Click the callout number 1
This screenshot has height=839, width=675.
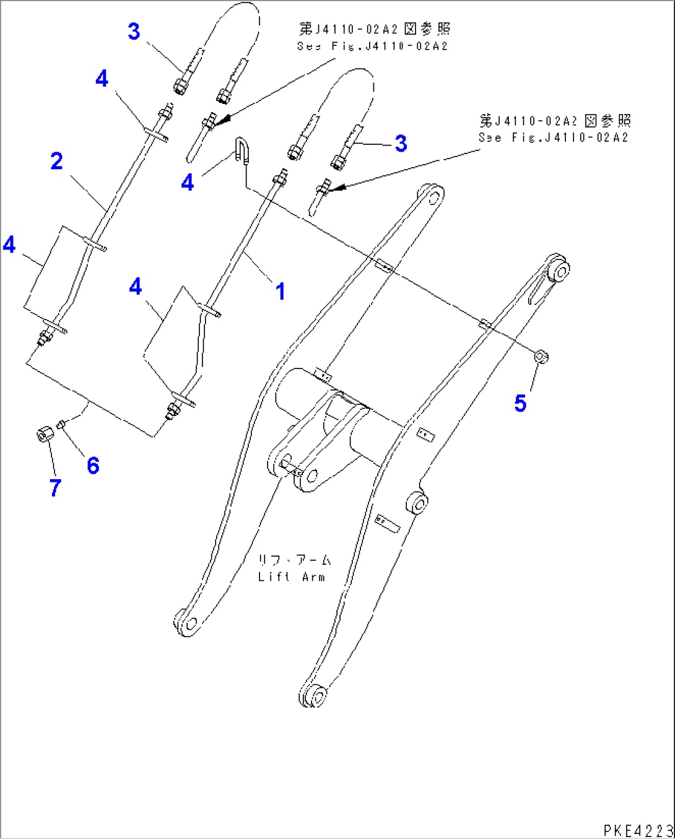click(x=281, y=291)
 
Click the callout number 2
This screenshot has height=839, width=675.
click(x=56, y=162)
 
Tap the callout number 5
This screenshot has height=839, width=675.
click(x=520, y=403)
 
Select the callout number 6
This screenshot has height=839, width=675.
click(x=93, y=465)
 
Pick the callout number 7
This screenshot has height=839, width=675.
click(x=55, y=487)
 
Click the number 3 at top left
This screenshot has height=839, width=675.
click(x=134, y=31)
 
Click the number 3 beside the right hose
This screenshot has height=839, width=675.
click(x=401, y=144)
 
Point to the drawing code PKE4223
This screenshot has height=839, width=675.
click(x=637, y=830)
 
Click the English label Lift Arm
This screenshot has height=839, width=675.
click(x=291, y=577)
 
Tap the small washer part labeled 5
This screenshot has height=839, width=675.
click(x=541, y=357)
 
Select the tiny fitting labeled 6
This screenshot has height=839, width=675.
click(x=61, y=425)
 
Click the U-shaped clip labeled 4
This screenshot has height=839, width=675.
click(x=242, y=150)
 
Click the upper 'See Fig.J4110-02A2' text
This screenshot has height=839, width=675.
click(x=372, y=46)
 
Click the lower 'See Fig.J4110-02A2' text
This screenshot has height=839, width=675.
click(x=553, y=137)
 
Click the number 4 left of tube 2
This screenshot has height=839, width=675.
click(x=9, y=245)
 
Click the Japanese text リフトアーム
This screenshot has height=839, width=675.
click(x=294, y=560)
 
